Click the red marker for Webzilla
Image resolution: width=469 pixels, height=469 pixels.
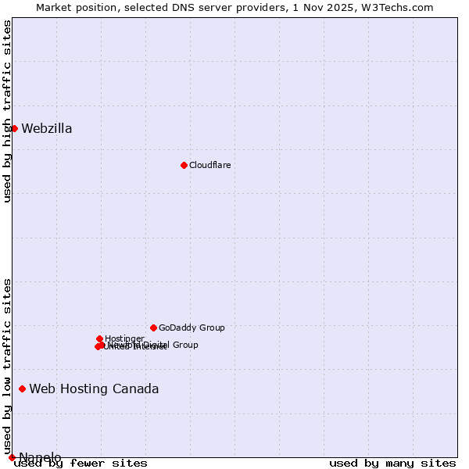pos(14,128)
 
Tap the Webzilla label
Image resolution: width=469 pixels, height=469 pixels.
pos(47,129)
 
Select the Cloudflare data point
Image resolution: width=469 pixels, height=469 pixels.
pos(184,165)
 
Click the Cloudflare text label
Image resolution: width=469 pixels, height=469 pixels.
pos(209,165)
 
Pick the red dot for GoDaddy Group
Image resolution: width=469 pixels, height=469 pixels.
pos(153,328)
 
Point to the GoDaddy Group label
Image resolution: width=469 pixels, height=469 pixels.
pos(192,328)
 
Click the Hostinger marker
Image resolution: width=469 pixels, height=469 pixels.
pos(100,338)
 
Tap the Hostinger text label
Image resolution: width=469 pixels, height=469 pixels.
pos(124,338)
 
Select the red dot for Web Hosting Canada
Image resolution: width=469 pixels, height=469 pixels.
pos(22,388)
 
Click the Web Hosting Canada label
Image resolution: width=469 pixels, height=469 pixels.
pos(94,389)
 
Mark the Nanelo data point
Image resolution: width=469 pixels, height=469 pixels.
pos(12,457)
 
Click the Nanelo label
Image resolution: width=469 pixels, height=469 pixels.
pos(40,457)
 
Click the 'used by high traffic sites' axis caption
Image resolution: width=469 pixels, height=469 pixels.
pos(8,111)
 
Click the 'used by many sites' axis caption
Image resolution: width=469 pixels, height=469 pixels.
pos(392,464)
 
